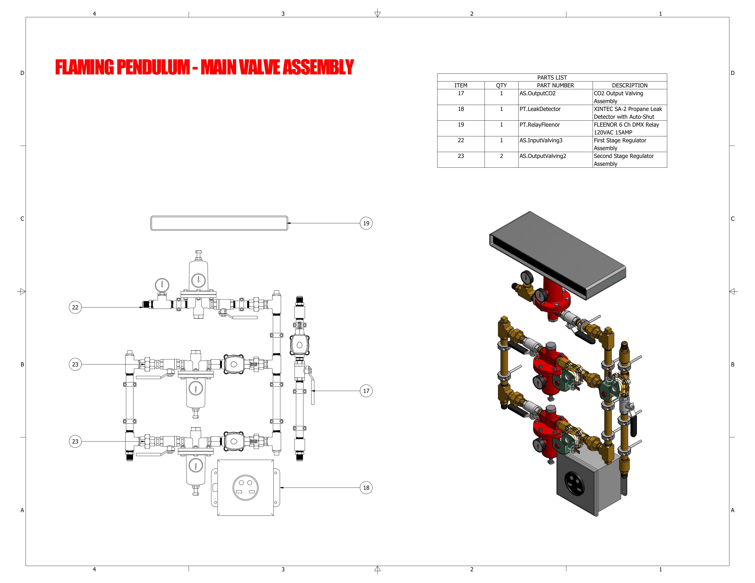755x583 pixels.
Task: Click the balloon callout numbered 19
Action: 366,223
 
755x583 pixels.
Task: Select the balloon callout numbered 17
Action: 366,391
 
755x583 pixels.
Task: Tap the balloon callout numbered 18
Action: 366,488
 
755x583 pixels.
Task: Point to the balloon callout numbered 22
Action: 75,307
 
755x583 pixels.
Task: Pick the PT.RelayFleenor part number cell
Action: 539,125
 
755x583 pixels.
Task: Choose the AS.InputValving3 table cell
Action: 541,140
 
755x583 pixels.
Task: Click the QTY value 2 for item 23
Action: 501,156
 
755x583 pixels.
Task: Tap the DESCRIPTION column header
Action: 630,85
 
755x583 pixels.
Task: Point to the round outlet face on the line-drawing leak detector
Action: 245,487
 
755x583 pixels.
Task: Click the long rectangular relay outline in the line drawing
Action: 219,223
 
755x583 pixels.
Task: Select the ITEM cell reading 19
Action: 461,125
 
